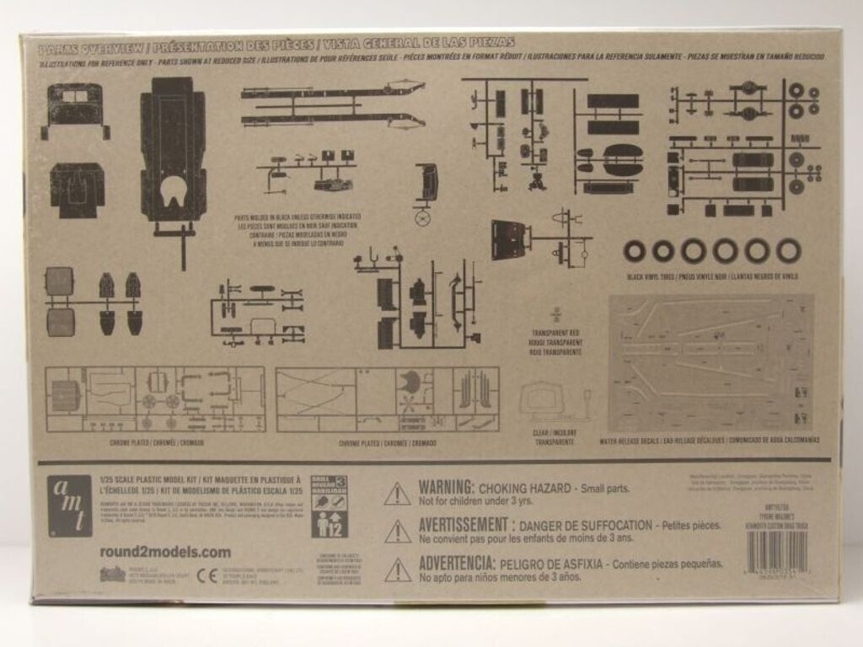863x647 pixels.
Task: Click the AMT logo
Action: pyautogui.click(x=70, y=505)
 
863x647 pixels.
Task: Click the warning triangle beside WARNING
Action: pyautogui.click(x=398, y=494)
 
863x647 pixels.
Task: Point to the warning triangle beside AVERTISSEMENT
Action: pyautogui.click(x=398, y=531)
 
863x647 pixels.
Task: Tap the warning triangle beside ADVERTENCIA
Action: pyautogui.click(x=398, y=569)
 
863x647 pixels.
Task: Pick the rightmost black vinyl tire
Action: pyautogui.click(x=788, y=250)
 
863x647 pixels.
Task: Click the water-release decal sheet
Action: pyautogui.click(x=711, y=362)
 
